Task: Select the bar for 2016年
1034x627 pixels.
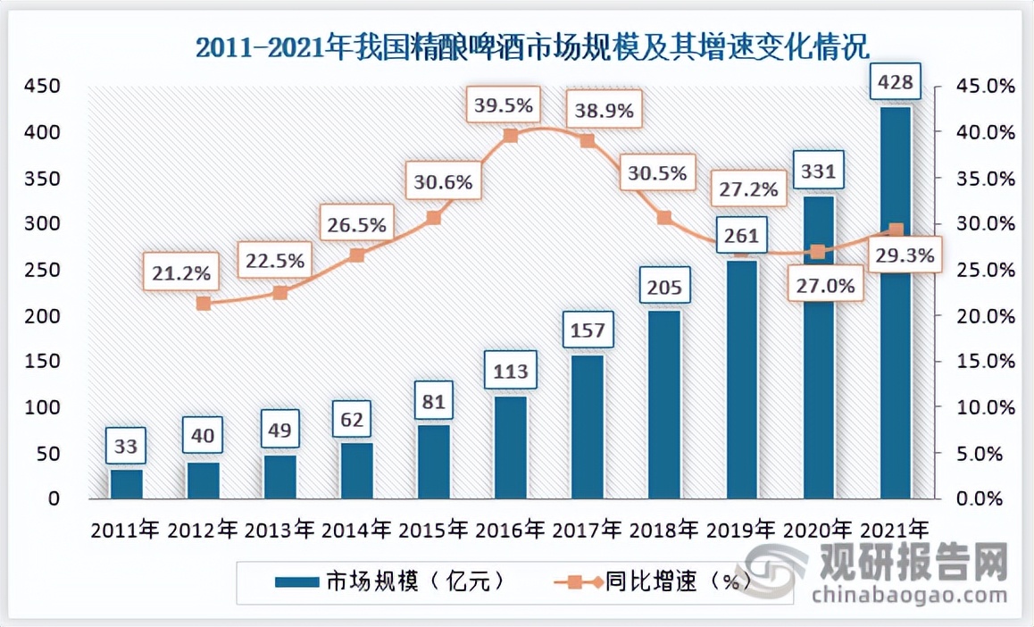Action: click(x=510, y=447)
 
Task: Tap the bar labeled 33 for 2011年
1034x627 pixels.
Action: click(x=126, y=483)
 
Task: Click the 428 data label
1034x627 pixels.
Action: click(x=896, y=84)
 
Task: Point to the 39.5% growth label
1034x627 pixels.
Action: click(x=504, y=105)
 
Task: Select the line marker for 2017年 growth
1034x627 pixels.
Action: click(x=588, y=140)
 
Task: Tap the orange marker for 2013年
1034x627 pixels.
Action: click(x=279, y=292)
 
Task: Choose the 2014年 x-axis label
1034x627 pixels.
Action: click(x=355, y=528)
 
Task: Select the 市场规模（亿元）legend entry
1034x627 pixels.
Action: click(x=390, y=582)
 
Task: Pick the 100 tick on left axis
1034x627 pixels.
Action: click(x=43, y=407)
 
